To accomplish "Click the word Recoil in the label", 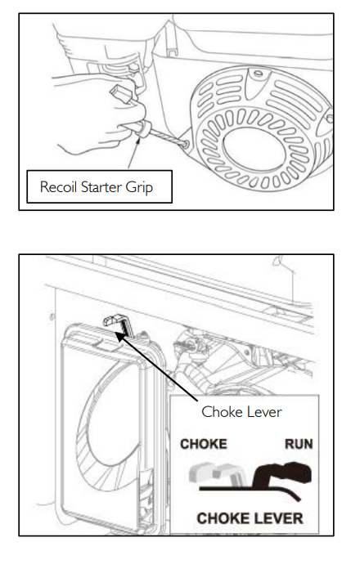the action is (x=58, y=187).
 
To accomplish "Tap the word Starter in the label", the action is (x=101, y=187).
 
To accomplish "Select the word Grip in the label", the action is (x=139, y=188).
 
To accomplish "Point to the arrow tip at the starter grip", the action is (x=138, y=137).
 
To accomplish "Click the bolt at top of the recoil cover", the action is (x=259, y=74).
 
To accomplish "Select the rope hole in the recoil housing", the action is (x=185, y=145).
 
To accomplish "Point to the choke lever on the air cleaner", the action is (x=117, y=322).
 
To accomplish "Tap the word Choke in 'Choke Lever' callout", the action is (x=218, y=412).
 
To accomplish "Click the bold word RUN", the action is (x=299, y=444).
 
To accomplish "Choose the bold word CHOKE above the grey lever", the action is (x=204, y=444).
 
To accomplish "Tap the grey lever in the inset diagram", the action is (x=214, y=473).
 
